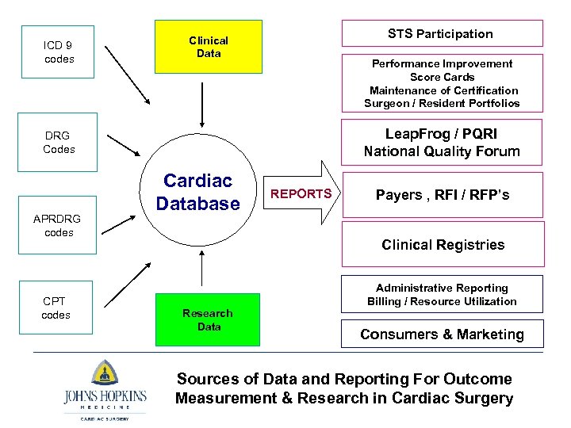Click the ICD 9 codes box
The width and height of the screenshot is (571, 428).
(x=59, y=52)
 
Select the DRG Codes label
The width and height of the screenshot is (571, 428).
(x=59, y=143)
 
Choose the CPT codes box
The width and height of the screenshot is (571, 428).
(x=56, y=308)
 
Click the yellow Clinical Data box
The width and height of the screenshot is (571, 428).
(x=209, y=47)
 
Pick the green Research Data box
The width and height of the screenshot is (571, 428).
(x=209, y=319)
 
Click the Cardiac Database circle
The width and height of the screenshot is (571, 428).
(x=198, y=193)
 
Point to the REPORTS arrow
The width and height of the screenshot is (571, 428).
(x=301, y=193)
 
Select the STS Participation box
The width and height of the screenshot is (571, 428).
(x=441, y=33)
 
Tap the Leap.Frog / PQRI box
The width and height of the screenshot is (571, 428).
(x=442, y=143)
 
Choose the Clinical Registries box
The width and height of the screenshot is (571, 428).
(x=443, y=244)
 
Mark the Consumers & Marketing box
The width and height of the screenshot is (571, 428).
(x=443, y=334)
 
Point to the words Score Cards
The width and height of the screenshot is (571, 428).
(x=442, y=77)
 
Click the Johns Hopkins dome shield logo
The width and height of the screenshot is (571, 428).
(x=105, y=372)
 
